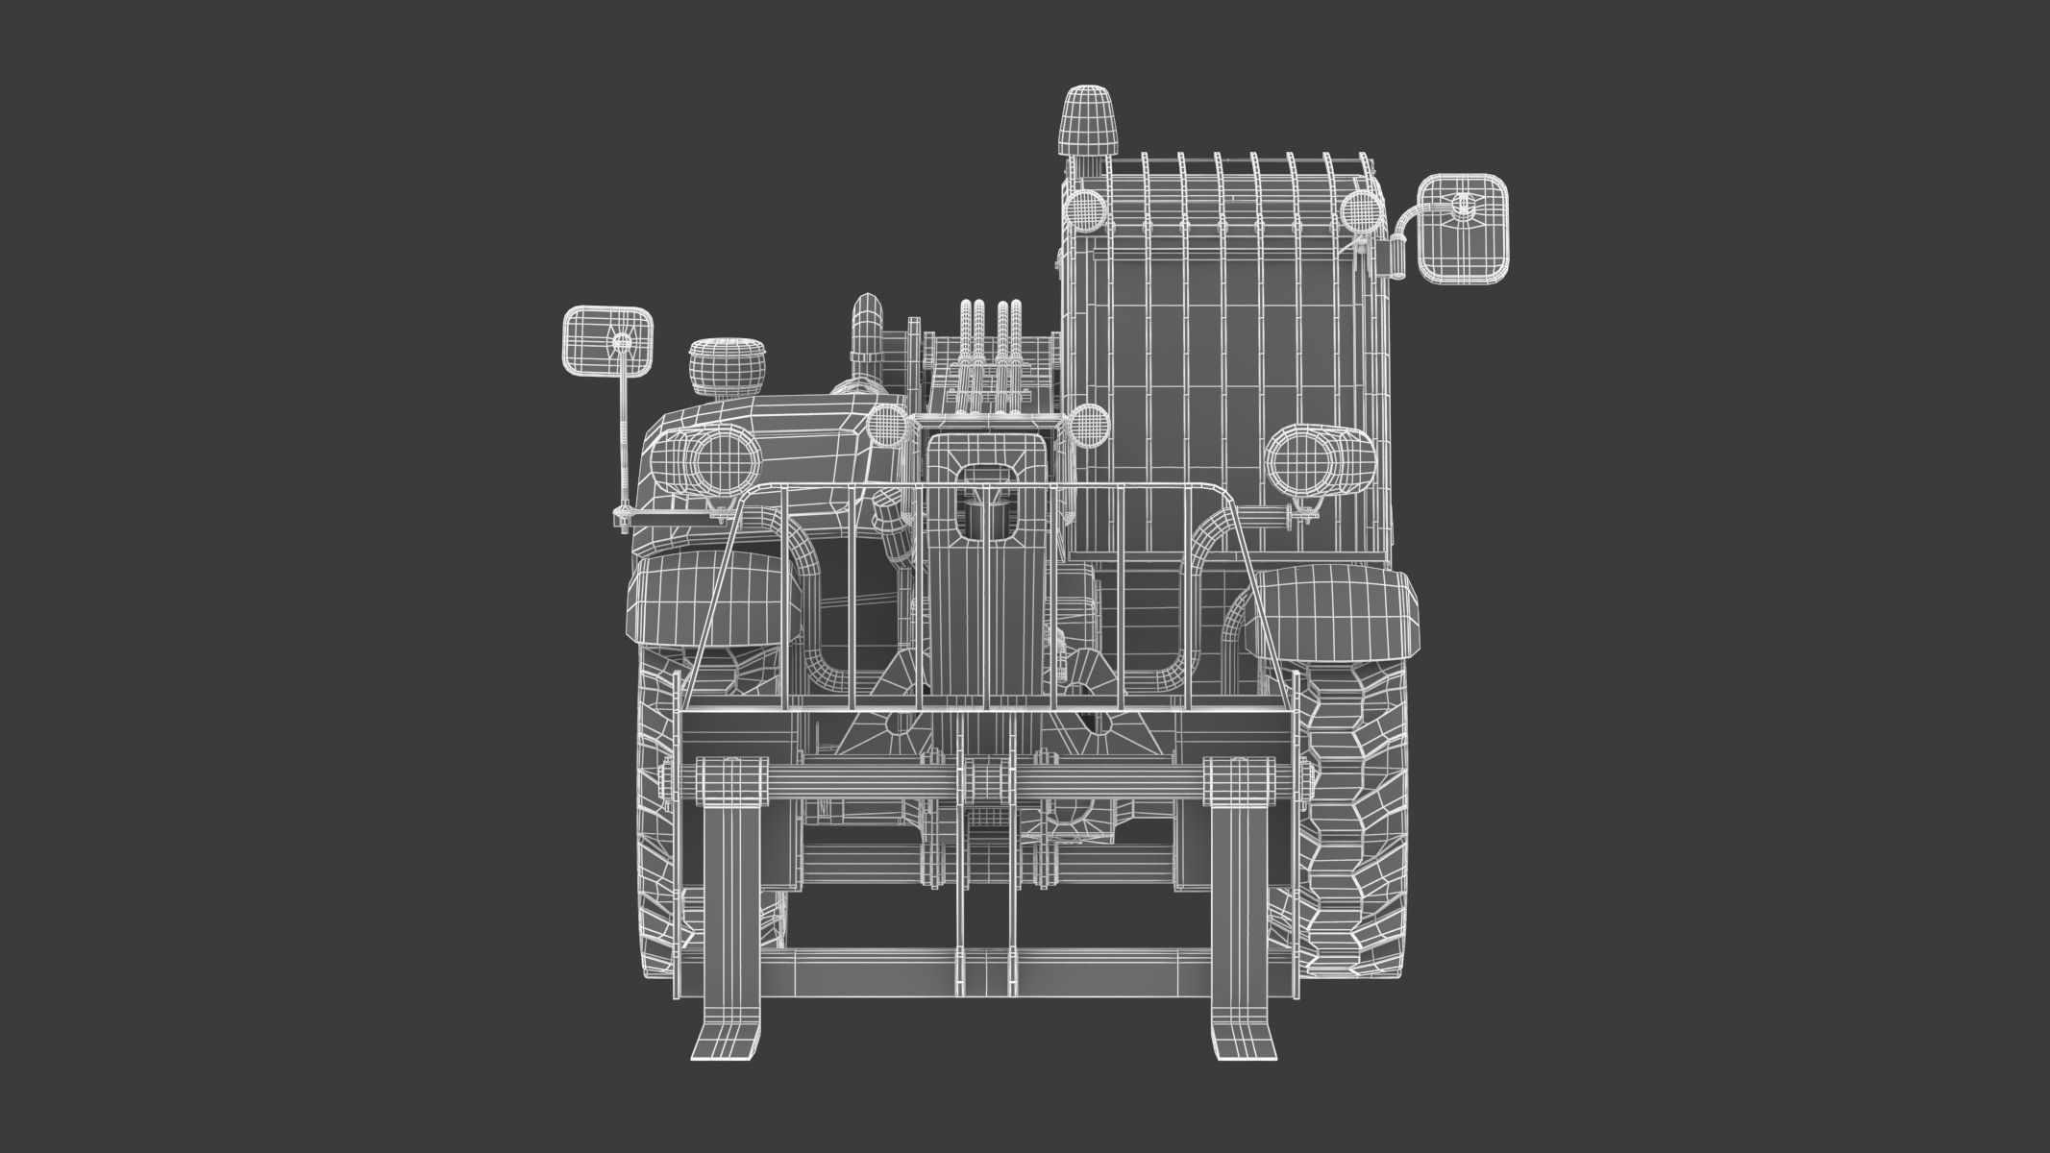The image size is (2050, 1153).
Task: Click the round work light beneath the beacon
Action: [1084, 209]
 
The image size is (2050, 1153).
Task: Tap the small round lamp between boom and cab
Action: [1087, 424]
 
